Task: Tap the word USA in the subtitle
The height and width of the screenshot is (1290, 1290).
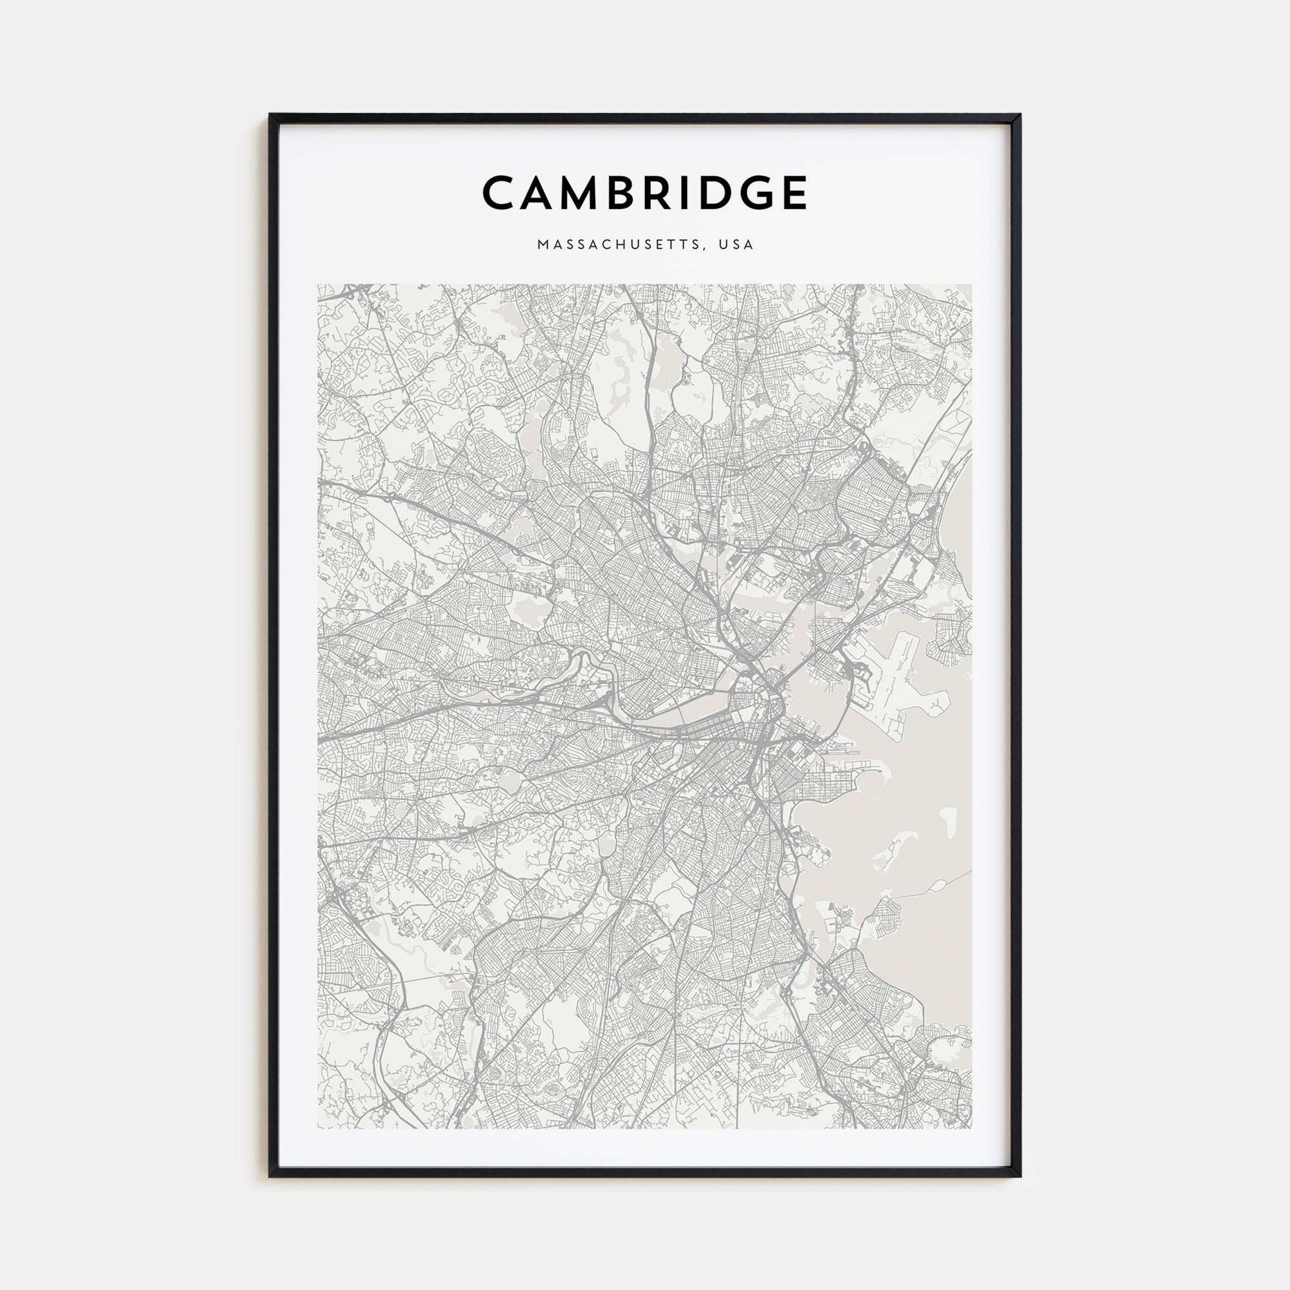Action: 736,245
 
